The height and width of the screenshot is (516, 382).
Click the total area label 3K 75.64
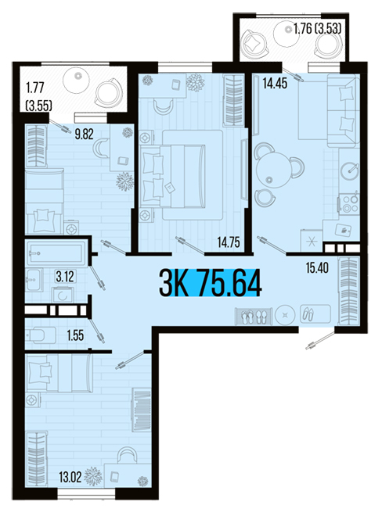[211, 283]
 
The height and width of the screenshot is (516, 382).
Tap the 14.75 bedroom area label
[229, 242]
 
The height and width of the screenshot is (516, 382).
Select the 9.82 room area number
[84, 134]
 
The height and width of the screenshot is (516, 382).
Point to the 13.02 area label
[70, 477]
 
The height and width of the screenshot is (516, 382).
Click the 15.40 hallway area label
[317, 268]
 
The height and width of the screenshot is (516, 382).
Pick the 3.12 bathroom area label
[65, 277]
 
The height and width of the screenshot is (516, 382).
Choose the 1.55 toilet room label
[75, 335]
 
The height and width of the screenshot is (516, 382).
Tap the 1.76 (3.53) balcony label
[317, 29]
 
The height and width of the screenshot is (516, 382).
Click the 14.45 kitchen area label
[275, 83]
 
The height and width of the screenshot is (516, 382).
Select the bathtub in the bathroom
[56, 253]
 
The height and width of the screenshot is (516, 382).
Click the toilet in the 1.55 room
[41, 335]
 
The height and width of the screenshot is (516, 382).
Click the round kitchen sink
[350, 170]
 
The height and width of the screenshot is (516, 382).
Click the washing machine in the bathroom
[63, 296]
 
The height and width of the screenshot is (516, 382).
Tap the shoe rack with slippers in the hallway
[254, 316]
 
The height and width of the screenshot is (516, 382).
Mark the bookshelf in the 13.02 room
[142, 410]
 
